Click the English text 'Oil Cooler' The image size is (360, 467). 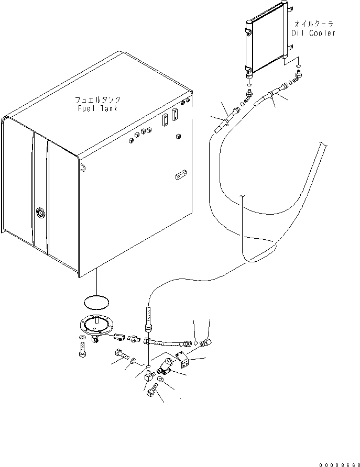pyautogui.click(x=313, y=33)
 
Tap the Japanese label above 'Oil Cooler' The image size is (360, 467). pyautogui.click(x=313, y=24)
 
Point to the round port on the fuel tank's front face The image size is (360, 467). pyautogui.click(x=40, y=213)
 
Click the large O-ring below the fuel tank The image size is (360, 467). pyautogui.click(x=97, y=303)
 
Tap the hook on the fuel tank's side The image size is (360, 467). pyautogui.click(x=83, y=167)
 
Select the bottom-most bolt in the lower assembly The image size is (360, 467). pyautogui.click(x=152, y=391)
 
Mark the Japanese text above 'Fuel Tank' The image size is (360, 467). pyautogui.click(x=97, y=99)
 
